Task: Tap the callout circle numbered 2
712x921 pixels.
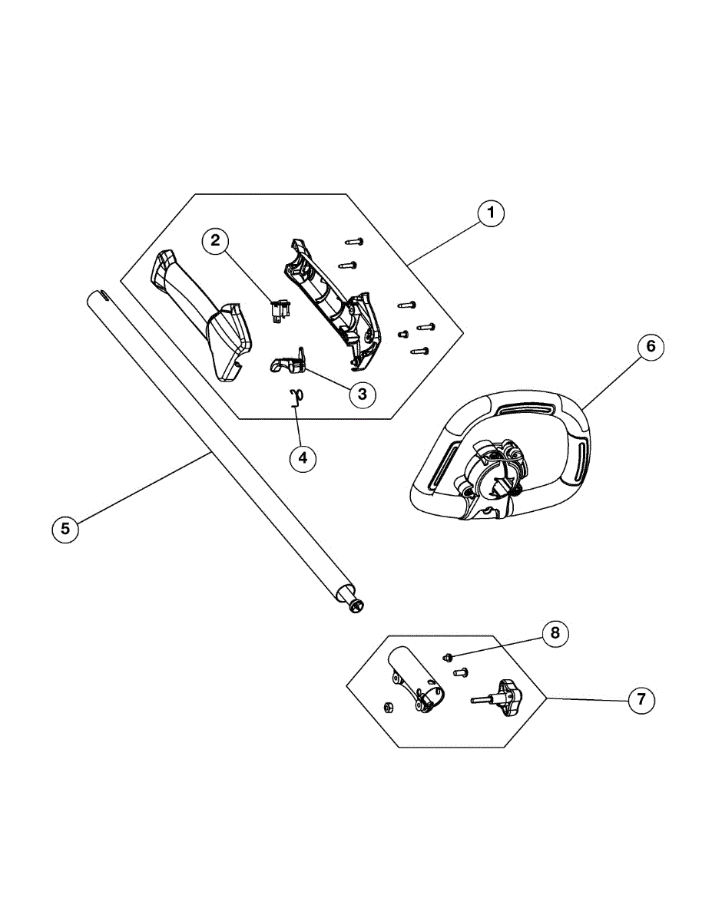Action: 216,241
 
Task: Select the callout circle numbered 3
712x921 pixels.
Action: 362,394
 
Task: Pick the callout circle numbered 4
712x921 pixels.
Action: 303,458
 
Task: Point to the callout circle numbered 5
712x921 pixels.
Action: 65,528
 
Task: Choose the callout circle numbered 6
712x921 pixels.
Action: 650,347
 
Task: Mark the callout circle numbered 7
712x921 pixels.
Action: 641,700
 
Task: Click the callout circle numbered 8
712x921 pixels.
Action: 555,633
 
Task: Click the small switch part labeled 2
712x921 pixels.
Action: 279,311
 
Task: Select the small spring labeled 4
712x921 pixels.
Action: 294,397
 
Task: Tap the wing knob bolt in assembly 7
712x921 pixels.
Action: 499,695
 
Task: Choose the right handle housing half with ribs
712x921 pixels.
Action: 334,299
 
